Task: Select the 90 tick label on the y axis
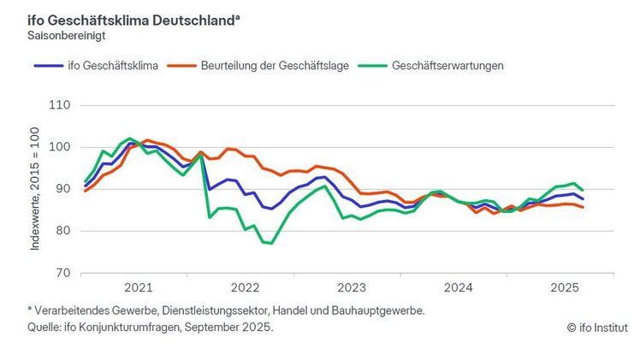coord(61,189)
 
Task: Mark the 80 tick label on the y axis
coord(61,231)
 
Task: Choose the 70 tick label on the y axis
coord(61,273)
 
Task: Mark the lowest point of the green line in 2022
coord(270,244)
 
